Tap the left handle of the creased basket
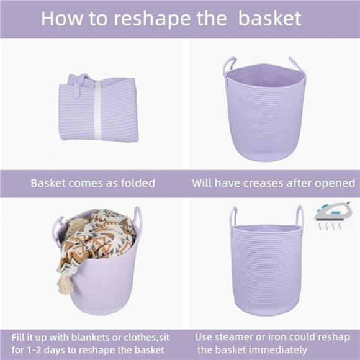pyautogui.click(x=230, y=65)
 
